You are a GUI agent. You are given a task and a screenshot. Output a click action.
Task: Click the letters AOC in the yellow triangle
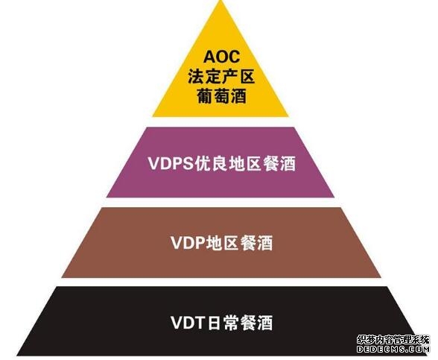tap(221, 57)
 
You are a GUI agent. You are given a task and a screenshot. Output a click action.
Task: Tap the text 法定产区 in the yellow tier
tap(221, 77)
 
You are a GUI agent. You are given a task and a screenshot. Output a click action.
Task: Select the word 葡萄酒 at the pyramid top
tap(221, 96)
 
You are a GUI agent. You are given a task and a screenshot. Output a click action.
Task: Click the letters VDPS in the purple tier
tap(171, 163)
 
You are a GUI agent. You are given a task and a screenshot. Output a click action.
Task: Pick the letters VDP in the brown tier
tap(188, 243)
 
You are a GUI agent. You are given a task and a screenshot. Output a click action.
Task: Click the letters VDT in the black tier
tap(187, 323)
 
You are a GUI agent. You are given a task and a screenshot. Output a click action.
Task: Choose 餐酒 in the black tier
tap(256, 323)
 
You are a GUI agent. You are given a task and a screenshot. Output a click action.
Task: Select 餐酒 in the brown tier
tap(256, 243)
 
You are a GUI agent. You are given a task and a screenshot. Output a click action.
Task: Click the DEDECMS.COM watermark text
tap(393, 349)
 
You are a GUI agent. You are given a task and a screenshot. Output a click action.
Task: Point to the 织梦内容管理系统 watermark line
tap(393, 339)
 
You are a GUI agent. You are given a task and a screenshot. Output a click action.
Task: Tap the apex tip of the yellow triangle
tap(221, 1)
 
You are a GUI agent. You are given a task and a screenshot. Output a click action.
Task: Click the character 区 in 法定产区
tap(247, 77)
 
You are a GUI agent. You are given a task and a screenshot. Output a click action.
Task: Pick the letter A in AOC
tap(209, 57)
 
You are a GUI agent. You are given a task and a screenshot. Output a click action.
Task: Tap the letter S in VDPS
tap(188, 163)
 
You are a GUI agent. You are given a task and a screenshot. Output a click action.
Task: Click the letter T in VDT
tap(199, 323)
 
